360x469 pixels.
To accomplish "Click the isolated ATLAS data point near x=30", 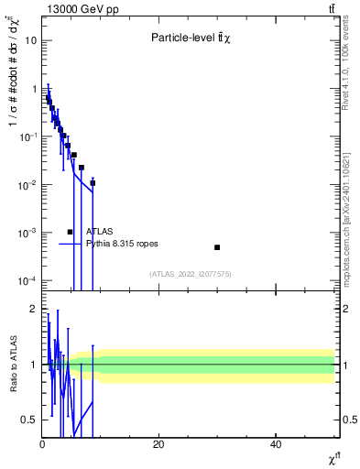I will click(x=217, y=247).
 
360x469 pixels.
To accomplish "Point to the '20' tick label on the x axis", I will click(x=158, y=444).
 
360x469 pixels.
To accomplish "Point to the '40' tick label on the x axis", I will click(x=276, y=444).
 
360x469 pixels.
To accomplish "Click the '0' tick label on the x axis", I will click(x=42, y=444).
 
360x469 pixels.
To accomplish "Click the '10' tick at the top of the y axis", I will click(x=29, y=40).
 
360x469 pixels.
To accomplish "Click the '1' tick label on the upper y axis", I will click(x=32, y=89).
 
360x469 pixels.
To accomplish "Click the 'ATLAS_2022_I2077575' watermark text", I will click(x=191, y=274).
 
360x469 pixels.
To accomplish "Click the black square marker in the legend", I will click(x=70, y=232).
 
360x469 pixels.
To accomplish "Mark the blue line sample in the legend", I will click(x=70, y=244).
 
